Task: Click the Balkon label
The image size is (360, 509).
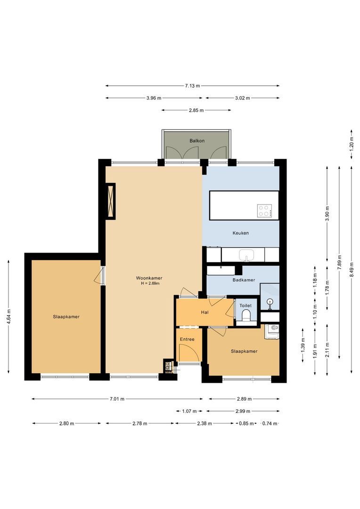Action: [x=197, y=141]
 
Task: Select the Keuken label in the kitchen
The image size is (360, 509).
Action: [x=240, y=233]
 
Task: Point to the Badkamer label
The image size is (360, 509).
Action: [x=244, y=279]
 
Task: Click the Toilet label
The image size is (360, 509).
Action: [x=245, y=305]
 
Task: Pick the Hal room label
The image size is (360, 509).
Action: [x=205, y=312]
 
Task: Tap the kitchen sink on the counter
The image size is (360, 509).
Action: [x=246, y=255]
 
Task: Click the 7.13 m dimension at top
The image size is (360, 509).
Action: [x=192, y=86]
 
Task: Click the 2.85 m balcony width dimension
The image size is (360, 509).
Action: [x=196, y=110]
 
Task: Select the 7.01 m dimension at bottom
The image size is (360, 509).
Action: [x=117, y=399]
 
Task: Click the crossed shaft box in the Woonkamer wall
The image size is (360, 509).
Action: [x=111, y=201]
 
